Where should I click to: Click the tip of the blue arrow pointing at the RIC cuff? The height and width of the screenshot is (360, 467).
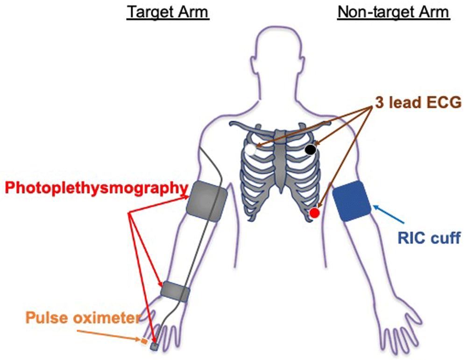373,205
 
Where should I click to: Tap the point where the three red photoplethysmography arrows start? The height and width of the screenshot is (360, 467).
129,212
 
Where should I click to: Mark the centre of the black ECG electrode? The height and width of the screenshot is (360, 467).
311,149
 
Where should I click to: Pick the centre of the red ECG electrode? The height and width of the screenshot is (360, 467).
314,213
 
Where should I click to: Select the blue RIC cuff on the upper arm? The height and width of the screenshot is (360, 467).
352,201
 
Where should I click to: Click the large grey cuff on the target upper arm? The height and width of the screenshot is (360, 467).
207,202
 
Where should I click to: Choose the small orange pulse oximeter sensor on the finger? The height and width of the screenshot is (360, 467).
144,341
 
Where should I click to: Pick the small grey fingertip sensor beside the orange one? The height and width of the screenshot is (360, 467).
154,346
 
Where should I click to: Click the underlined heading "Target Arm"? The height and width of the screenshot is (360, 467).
168,13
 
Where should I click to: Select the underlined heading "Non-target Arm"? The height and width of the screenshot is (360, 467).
393,13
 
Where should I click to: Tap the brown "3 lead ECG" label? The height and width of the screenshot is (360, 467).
418,103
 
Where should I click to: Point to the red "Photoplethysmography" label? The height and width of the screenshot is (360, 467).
97,188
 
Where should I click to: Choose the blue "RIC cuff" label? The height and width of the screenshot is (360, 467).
429,238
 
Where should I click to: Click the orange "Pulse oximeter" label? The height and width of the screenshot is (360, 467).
83,318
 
